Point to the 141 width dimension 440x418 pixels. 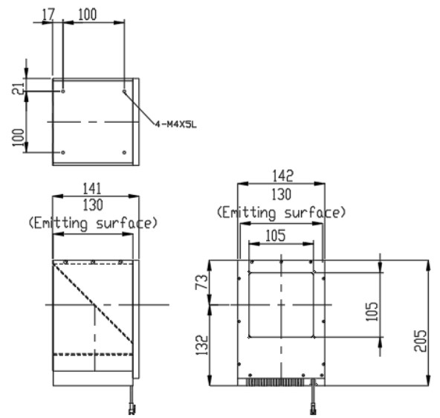click(92, 188)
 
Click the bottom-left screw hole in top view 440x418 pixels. click(63, 152)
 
